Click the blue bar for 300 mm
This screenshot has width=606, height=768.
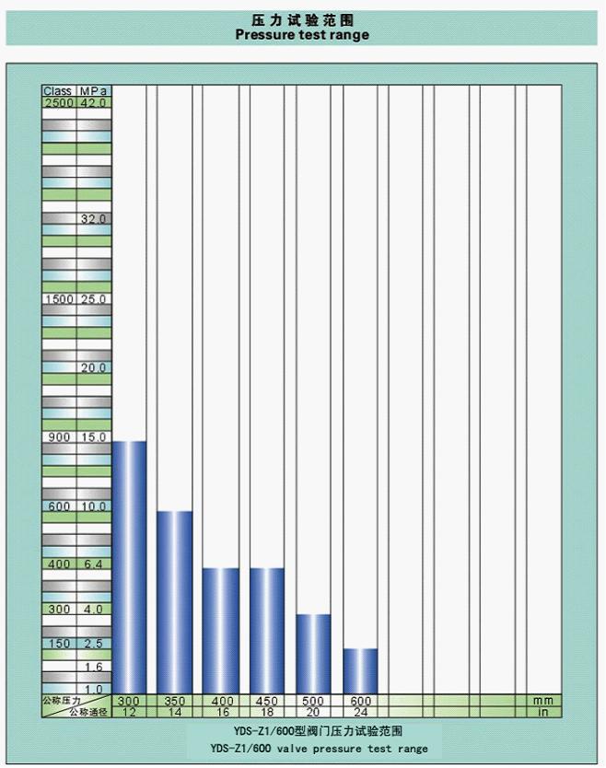tap(129, 566)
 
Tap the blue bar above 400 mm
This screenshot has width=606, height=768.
tap(220, 630)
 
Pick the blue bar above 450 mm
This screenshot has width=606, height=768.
tap(267, 630)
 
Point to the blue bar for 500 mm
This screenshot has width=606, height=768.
tap(313, 653)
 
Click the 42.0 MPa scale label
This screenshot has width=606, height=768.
tap(94, 103)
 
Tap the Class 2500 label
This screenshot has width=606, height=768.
tap(59, 103)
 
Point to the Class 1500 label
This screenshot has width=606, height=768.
tap(59, 299)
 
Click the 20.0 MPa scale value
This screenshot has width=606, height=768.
tap(94, 367)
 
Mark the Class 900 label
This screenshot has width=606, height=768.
tap(59, 436)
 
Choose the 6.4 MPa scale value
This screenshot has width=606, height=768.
tap(94, 564)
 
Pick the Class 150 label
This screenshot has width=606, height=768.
tap(59, 643)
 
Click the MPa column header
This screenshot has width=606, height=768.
tap(94, 92)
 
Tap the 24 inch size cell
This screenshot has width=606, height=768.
tap(361, 712)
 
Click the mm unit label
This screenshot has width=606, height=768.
tap(543, 701)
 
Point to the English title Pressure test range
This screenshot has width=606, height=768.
tap(302, 35)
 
